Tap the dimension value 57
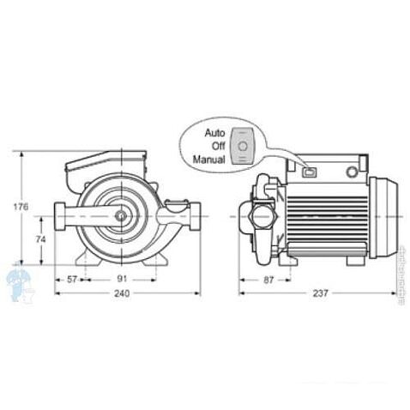[x=74, y=279]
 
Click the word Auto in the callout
[x=213, y=133]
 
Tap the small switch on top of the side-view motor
[x=310, y=172]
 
